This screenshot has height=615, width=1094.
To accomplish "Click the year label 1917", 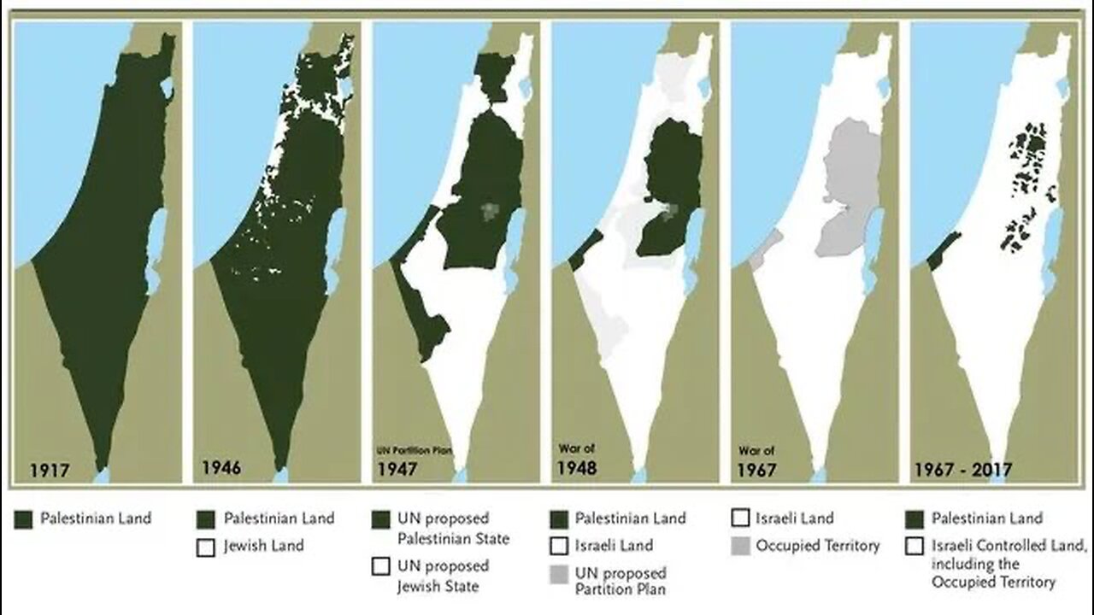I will point(50,469).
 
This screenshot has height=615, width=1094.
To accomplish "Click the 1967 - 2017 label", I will point(962,469).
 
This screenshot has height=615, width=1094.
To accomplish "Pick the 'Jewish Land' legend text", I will point(263,545).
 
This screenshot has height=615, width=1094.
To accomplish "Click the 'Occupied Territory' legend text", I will point(817,545).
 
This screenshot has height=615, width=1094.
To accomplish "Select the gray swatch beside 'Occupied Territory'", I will point(741,546).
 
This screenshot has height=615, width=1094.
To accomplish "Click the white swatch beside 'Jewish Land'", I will point(205,547).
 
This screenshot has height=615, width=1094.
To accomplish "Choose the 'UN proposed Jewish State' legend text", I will point(443,576).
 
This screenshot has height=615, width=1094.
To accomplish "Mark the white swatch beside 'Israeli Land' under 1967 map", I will point(741,518).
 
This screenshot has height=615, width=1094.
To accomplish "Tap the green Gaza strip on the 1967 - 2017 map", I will point(938,251).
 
